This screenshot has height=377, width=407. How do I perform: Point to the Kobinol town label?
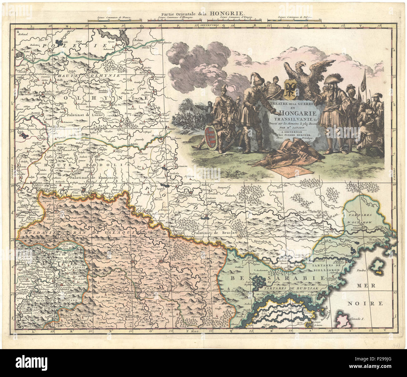[x=23, y=34]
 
